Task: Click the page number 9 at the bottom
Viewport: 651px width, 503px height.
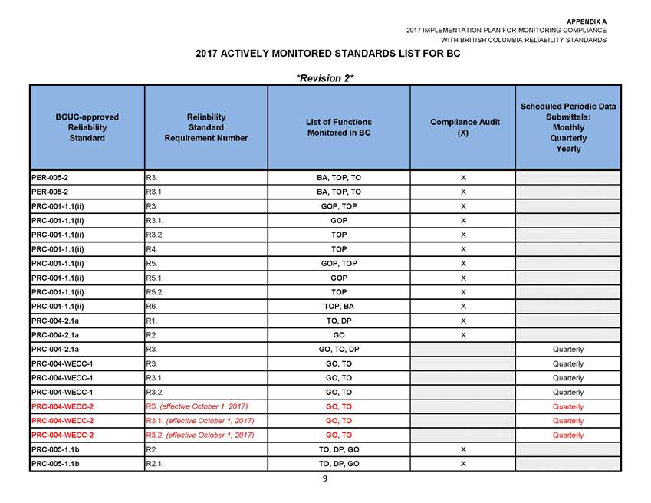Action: (325, 478)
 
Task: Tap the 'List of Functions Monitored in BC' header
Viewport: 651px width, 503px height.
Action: (338, 127)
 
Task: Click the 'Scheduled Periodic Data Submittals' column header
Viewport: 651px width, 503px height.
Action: (567, 127)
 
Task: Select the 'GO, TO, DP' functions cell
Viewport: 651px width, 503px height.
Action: (338, 350)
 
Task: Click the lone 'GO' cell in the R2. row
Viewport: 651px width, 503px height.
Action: (338, 335)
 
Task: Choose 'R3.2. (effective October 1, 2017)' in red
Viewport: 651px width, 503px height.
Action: (200, 436)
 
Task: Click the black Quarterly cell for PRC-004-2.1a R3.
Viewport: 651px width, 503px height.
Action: (567, 350)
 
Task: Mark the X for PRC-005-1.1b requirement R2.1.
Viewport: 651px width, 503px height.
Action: (463, 464)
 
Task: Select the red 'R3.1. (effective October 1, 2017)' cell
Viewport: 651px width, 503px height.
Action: (200, 421)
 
